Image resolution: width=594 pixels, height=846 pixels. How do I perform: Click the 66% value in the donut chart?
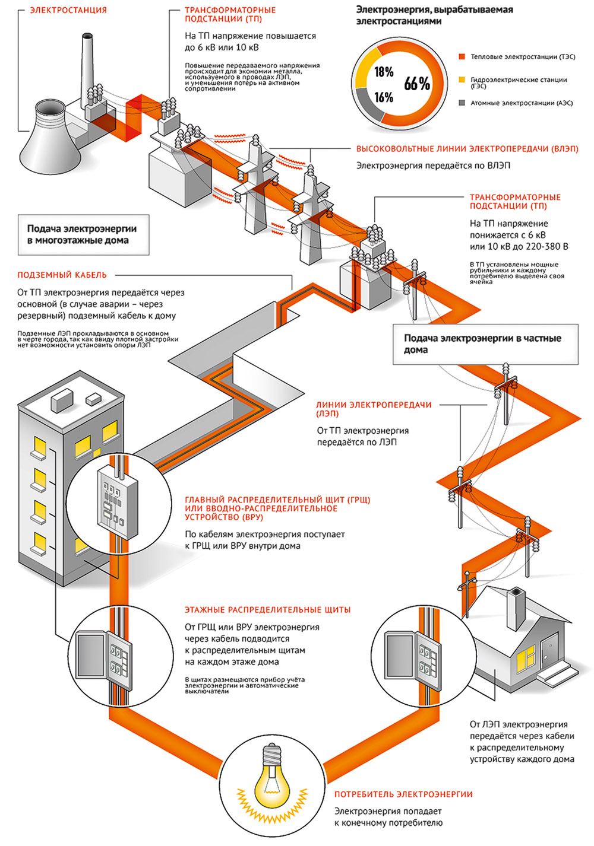(x=417, y=84)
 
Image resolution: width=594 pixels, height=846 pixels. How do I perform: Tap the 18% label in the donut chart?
(x=384, y=72)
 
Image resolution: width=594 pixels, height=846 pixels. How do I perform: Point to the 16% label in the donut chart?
(x=384, y=97)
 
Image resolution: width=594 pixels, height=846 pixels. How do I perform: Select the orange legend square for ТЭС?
(x=462, y=57)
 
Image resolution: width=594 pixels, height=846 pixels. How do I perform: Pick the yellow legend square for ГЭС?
(x=462, y=79)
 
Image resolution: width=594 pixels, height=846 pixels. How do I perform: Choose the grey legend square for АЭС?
(x=462, y=103)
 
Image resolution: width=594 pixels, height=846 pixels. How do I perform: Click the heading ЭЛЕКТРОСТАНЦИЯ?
(x=68, y=10)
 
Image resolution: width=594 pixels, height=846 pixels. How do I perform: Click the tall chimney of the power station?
(x=87, y=65)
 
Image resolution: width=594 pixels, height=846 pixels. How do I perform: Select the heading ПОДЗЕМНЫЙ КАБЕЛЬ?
(x=62, y=275)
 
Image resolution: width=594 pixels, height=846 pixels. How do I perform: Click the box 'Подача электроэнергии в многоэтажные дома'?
(x=83, y=234)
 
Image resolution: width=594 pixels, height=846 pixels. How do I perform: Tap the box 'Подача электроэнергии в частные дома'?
(x=485, y=344)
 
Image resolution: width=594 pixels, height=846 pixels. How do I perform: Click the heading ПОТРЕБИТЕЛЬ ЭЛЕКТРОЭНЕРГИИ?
(x=403, y=794)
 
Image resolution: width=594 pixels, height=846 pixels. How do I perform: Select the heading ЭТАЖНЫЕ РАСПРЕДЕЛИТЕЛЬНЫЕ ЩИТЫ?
(x=267, y=609)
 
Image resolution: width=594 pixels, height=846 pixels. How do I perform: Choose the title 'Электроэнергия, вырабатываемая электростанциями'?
(x=434, y=15)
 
